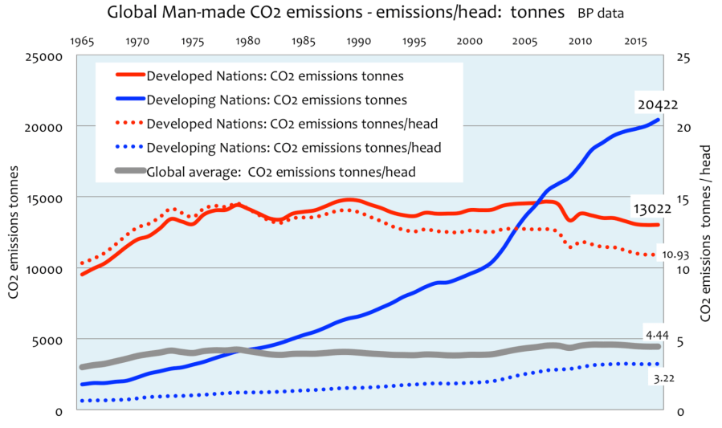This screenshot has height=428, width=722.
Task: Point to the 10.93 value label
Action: tap(678, 255)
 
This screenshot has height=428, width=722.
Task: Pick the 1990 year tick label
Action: tap(358, 39)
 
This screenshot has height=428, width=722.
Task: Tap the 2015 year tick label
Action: tap(636, 39)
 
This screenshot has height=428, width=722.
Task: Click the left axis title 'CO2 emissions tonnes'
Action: tap(14, 233)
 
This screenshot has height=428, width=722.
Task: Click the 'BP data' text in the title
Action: tap(600, 14)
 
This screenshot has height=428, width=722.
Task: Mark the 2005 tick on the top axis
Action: tap(525, 39)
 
